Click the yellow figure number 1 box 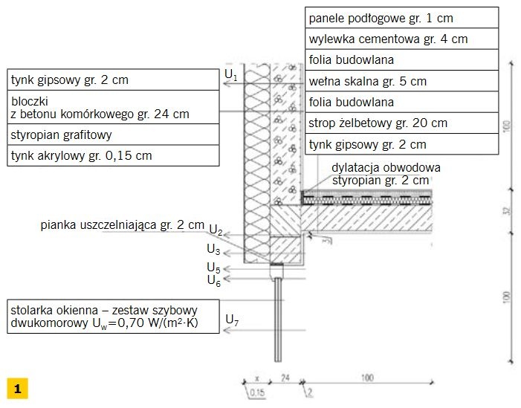click(17, 388)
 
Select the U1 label click(231, 75)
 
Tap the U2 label click(216, 230)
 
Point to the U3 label click(213, 249)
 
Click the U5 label click(213, 268)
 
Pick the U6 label click(213, 280)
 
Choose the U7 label click(232, 320)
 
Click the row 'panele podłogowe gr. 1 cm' click(402, 18)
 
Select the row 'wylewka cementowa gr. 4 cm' click(402, 39)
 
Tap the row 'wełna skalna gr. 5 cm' click(402, 81)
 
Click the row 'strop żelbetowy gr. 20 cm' click(402, 123)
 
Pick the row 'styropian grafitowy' click(113, 135)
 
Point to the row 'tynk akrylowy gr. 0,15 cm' click(113, 155)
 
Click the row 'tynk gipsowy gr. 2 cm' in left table click(113, 80)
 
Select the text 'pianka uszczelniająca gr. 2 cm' click(123, 225)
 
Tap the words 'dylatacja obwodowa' click(386, 168)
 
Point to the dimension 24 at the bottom click(285, 378)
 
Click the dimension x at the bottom click(256, 378)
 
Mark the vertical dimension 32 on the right click(507, 211)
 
